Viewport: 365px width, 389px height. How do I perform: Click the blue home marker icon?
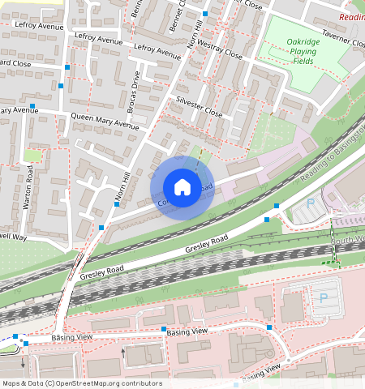[182, 187]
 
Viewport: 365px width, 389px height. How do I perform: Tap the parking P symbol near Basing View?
[324, 298]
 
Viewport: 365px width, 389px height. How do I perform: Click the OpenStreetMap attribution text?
[82, 383]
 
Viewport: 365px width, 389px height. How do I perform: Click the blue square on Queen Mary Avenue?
[32, 106]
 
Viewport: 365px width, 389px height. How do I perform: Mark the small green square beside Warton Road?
[32, 155]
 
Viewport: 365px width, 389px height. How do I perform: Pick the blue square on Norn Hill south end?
[101, 227]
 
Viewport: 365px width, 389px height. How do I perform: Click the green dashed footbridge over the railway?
[328, 263]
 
